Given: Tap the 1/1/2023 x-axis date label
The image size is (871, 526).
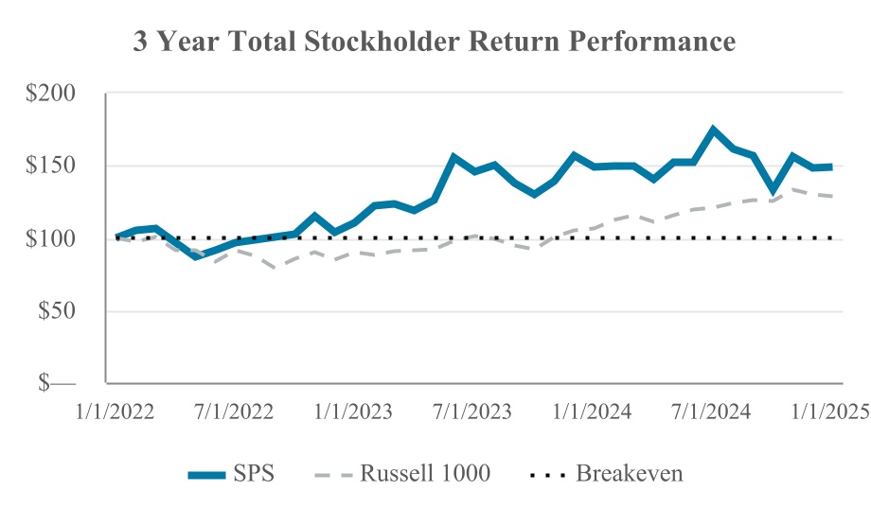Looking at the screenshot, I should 352,413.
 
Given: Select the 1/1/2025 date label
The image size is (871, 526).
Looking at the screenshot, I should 829,413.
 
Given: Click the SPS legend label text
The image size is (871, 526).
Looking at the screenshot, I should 254,473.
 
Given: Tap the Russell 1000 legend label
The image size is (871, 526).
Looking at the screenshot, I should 425,473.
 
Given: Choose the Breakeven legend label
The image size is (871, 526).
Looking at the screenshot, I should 630,473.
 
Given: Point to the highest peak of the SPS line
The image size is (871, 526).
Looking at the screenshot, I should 714,130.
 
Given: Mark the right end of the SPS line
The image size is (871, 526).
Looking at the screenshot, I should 832,167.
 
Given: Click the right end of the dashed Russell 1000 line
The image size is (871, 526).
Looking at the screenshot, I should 832,196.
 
